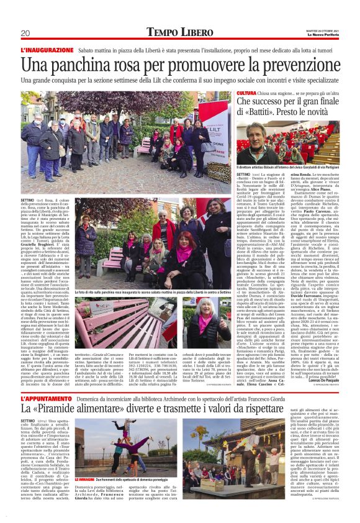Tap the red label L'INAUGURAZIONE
click(x=47, y=49)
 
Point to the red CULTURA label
click(x=246, y=93)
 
